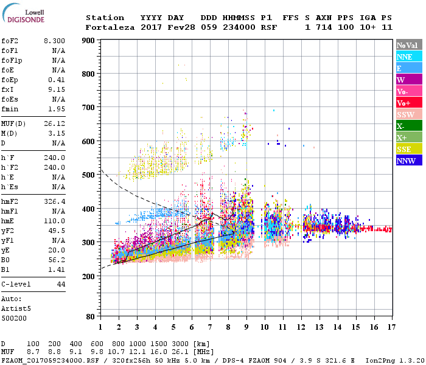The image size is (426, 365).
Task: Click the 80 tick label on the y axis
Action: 89,317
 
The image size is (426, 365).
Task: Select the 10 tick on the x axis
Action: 264,327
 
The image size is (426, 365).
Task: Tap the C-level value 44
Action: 61,284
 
